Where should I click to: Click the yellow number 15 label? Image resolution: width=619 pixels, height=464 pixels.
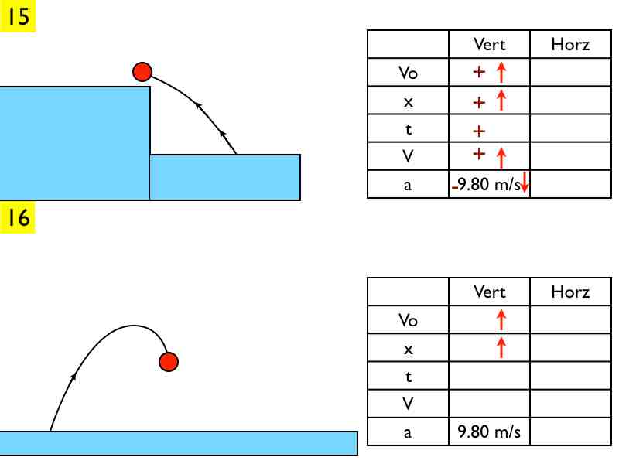pyautogui.click(x=18, y=16)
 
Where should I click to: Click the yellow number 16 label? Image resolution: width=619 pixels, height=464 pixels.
pyautogui.click(x=18, y=218)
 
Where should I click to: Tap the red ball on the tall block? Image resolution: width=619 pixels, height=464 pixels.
pyautogui.click(x=142, y=72)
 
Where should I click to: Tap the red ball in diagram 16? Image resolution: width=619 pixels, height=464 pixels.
pyautogui.click(x=169, y=361)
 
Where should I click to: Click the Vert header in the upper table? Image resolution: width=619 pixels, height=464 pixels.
pyautogui.click(x=489, y=44)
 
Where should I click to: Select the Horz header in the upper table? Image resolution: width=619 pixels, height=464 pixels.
pyautogui.click(x=570, y=44)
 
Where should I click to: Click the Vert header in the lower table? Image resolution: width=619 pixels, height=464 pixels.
pyautogui.click(x=489, y=292)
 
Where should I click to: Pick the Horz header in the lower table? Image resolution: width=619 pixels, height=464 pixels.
pyautogui.click(x=570, y=292)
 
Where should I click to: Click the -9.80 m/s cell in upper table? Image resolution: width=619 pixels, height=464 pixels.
pyautogui.click(x=486, y=185)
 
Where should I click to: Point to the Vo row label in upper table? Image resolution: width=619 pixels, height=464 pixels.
pyautogui.click(x=408, y=73)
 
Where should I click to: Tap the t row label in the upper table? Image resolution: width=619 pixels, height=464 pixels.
pyautogui.click(x=408, y=129)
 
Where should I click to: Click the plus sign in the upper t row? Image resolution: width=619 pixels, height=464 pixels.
pyautogui.click(x=479, y=130)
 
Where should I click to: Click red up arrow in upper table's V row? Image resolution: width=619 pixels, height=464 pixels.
pyautogui.click(x=501, y=157)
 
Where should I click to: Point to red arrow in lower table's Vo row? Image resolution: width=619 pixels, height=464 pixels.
pyautogui.click(x=501, y=319)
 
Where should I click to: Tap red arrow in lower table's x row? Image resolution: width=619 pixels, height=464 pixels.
pyautogui.click(x=501, y=347)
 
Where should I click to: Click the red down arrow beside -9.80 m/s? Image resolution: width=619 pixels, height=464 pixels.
pyautogui.click(x=524, y=184)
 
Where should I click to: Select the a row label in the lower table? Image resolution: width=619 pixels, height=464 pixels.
pyautogui.click(x=408, y=432)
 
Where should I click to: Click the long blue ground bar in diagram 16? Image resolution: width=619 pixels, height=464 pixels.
pyautogui.click(x=178, y=443)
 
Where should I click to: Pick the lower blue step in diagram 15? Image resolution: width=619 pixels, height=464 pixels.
pyautogui.click(x=224, y=177)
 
